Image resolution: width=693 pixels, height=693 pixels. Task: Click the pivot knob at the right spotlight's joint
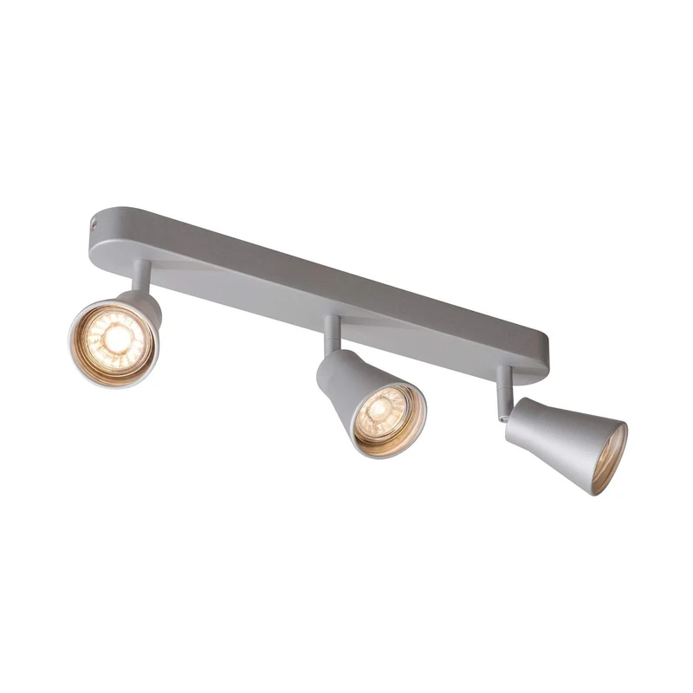[502, 417]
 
